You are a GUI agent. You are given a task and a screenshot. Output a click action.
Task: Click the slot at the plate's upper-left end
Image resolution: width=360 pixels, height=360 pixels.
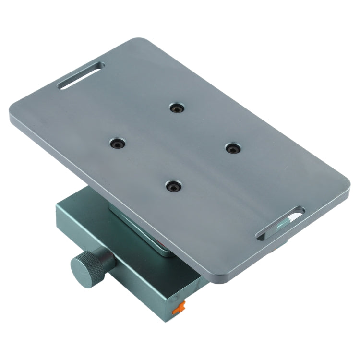80,75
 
